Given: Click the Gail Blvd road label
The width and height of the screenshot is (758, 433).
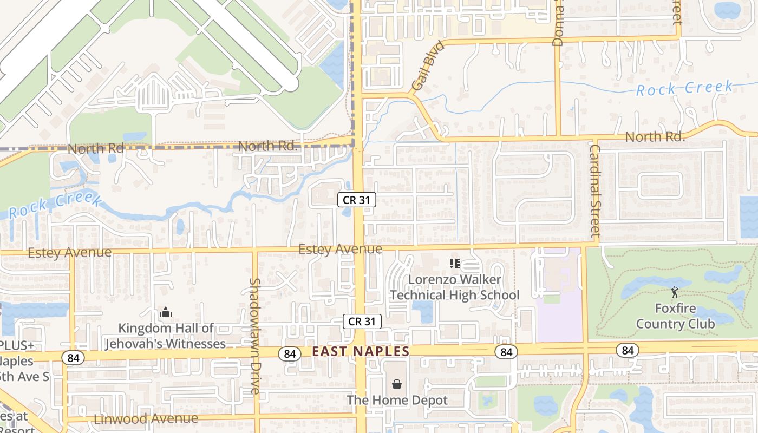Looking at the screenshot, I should tap(427, 66).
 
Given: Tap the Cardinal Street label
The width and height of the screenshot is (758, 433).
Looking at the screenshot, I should tap(595, 191).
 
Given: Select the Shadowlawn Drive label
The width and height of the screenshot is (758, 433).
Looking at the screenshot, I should tap(255, 336).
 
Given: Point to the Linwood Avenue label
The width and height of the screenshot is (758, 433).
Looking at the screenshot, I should tap(146, 418).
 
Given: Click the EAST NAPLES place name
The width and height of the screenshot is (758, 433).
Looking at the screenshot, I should tap(361, 351).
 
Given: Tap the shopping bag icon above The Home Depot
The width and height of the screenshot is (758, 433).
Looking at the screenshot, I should tap(397, 384).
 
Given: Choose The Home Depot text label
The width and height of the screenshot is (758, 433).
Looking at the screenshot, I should tap(397, 401).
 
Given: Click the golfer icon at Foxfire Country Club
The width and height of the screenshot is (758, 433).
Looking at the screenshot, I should tap(674, 292).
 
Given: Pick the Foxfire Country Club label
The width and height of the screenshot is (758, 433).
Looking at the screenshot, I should tap(675, 316).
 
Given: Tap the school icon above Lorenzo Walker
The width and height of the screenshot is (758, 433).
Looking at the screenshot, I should tap(454, 264).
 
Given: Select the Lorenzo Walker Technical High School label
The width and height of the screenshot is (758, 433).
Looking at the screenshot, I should tap(454, 287).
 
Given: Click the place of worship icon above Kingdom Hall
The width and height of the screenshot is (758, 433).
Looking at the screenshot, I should tap(166, 312).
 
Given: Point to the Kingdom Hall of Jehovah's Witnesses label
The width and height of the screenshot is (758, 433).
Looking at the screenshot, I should tap(166, 336).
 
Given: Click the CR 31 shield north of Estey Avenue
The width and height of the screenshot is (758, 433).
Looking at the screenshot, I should tap(357, 200).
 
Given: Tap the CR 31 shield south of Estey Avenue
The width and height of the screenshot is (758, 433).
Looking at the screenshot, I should tap(362, 322).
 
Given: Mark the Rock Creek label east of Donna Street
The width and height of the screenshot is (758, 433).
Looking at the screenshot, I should tap(684, 88).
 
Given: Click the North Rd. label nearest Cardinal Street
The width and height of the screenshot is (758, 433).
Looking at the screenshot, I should tap(655, 137).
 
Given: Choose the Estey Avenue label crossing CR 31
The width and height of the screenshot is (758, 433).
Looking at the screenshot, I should tap(340, 249).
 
